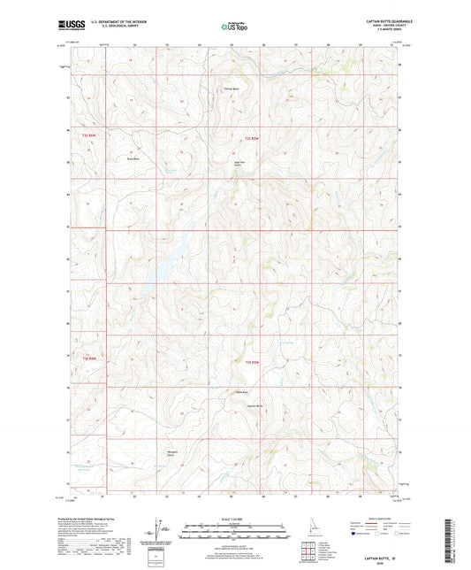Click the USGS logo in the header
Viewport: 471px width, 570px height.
pos(68,26)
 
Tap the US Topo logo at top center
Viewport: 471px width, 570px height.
pos(234,27)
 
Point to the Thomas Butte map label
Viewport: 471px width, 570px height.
pos(230,89)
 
